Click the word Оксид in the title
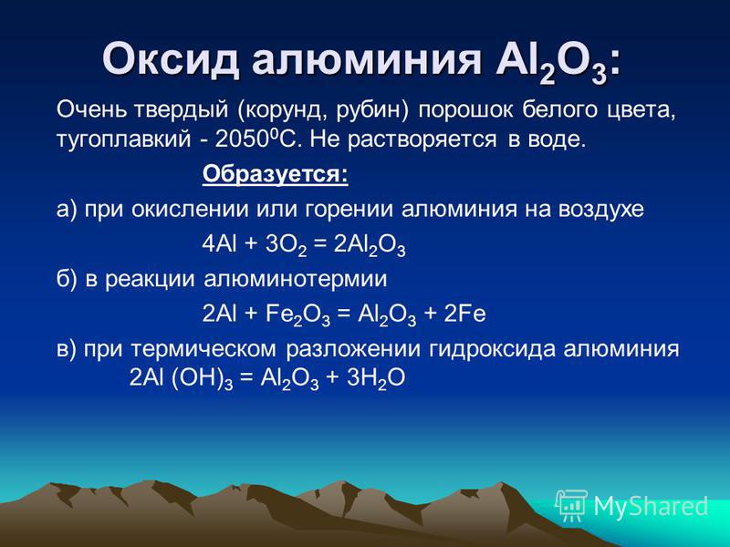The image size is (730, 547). pyautogui.click(x=170, y=59)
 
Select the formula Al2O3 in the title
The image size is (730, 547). pyautogui.click(x=551, y=63)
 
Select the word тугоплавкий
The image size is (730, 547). pyautogui.click(x=123, y=140)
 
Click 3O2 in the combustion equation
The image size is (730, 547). pyautogui.click(x=286, y=246)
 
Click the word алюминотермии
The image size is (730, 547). pyautogui.click(x=295, y=279)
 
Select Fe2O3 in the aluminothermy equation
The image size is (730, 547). pyautogui.click(x=298, y=315)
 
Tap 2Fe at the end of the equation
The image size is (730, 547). pyautogui.click(x=464, y=314)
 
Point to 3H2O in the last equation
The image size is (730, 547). pyautogui.click(x=376, y=379)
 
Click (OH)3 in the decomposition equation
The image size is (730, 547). pyautogui.click(x=202, y=379)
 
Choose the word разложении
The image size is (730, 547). pyautogui.click(x=353, y=349)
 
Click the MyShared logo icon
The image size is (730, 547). pyautogui.click(x=571, y=505)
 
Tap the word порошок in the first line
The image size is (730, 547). pyautogui.click(x=465, y=111)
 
